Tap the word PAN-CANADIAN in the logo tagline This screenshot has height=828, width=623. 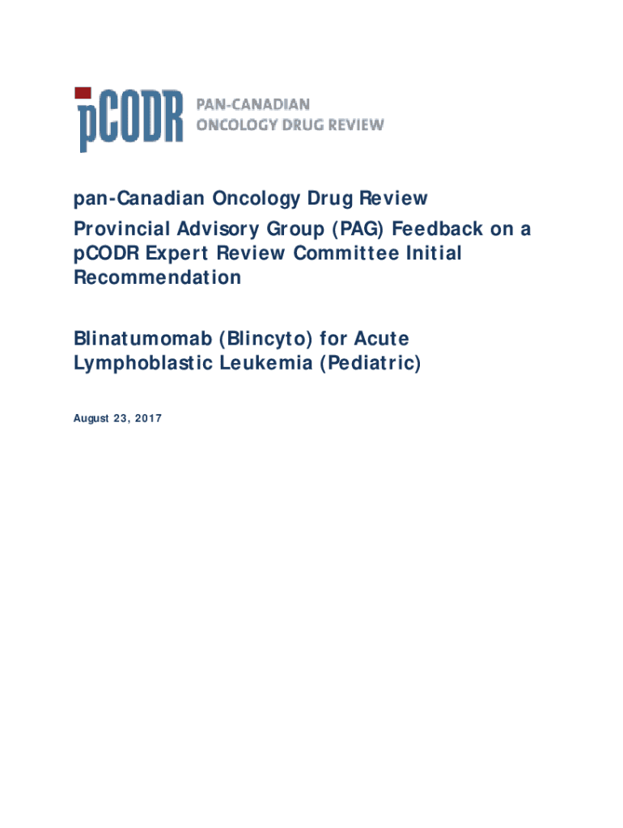click(x=253, y=105)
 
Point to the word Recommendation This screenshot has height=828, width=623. click(x=158, y=278)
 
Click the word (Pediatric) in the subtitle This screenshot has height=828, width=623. click(x=370, y=363)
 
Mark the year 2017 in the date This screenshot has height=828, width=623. click(x=146, y=418)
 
